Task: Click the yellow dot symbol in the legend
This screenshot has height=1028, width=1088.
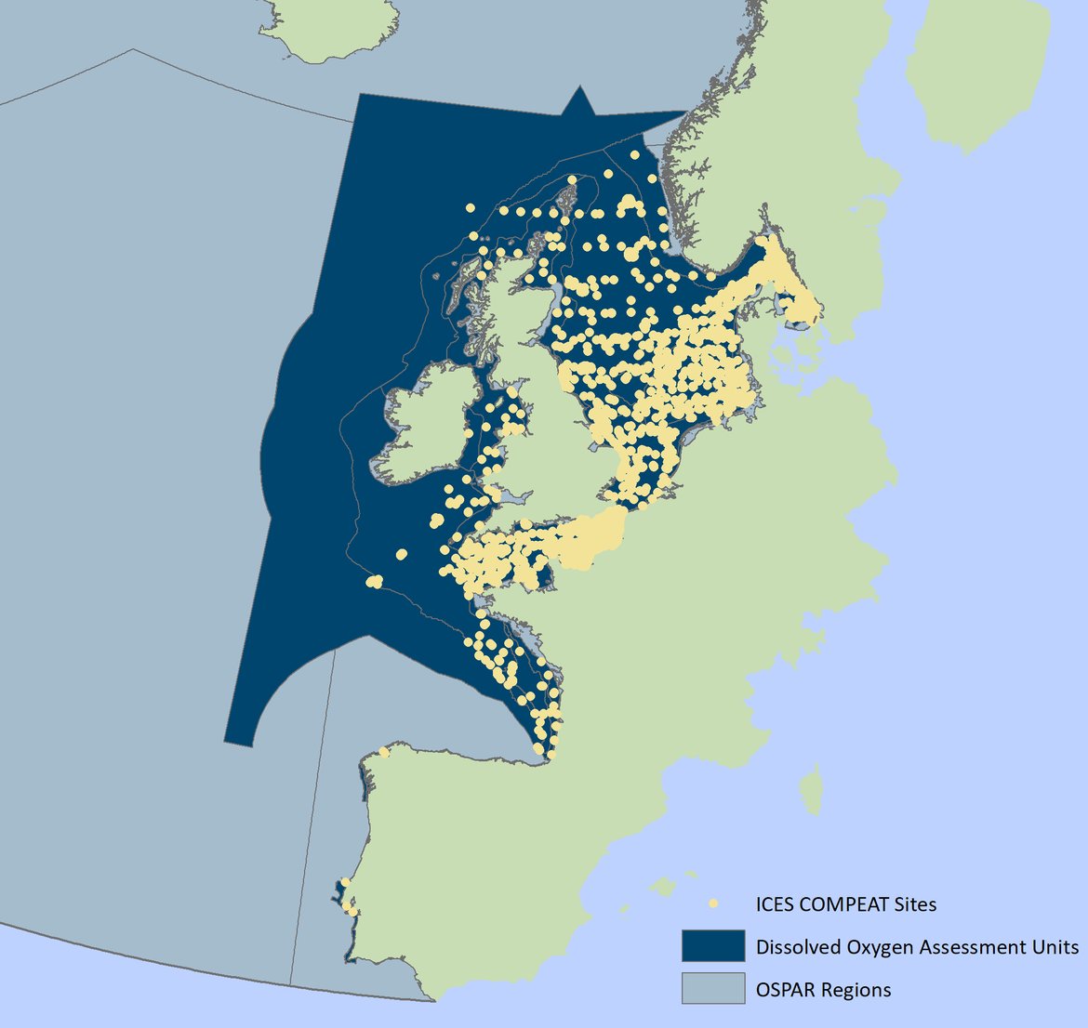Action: click(x=713, y=903)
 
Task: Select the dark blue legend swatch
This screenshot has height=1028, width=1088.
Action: click(x=712, y=946)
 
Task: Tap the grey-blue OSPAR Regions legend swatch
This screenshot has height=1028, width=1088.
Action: click(x=712, y=989)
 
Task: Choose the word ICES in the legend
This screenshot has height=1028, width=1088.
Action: click(x=774, y=903)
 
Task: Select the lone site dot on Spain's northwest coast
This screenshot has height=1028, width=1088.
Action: click(x=384, y=751)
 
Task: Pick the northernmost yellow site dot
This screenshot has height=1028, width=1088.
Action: click(x=636, y=155)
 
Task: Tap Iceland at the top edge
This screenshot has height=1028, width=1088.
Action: click(x=325, y=28)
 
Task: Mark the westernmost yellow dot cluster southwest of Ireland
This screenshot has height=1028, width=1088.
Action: click(x=374, y=582)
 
